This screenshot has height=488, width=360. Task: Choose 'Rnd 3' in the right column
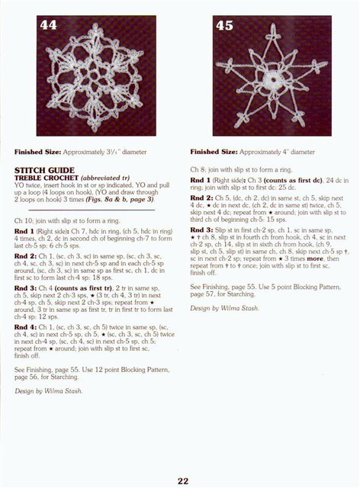tap(200, 229)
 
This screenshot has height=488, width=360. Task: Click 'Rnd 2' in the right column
tap(200, 197)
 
